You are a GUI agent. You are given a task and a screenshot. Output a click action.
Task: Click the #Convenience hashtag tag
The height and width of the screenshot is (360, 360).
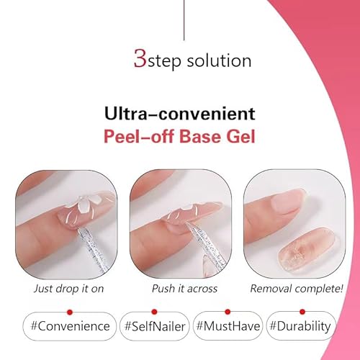[69, 326]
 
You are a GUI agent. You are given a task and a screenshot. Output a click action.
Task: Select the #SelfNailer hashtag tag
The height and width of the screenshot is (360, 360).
[153, 326]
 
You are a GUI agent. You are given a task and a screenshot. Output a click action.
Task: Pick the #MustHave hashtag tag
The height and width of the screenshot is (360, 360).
[227, 326]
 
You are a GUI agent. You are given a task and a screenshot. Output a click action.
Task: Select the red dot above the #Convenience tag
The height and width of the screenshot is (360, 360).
[70, 311]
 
